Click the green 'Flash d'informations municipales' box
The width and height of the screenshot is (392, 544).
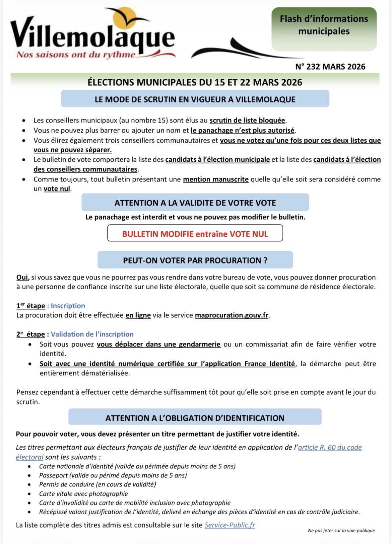tap(324, 29)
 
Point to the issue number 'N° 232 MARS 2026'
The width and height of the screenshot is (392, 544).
tap(330, 67)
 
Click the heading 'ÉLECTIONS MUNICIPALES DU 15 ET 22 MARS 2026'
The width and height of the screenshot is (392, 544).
tap(195, 82)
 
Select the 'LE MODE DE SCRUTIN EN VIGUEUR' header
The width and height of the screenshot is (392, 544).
tap(195, 99)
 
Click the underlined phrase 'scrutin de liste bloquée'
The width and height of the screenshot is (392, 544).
tap(247, 121)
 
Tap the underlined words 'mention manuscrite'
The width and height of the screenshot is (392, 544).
tap(216, 179)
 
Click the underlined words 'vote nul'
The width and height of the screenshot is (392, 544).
tap(57, 189)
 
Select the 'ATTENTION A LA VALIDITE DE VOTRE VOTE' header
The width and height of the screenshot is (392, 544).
tap(195, 203)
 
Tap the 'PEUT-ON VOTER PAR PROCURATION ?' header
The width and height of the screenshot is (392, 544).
tap(195, 260)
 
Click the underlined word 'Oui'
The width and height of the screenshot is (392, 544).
tap(22, 278)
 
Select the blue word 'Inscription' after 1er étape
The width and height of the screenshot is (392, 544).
tap(68, 306)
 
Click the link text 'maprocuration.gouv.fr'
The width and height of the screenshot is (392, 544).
tap(232, 315)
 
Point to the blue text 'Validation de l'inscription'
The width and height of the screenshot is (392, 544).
tap(92, 334)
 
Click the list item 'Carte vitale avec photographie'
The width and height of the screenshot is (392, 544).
tap(83, 494)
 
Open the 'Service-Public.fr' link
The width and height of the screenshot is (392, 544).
tap(230, 525)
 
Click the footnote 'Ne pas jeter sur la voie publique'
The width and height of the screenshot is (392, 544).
tap(341, 531)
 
